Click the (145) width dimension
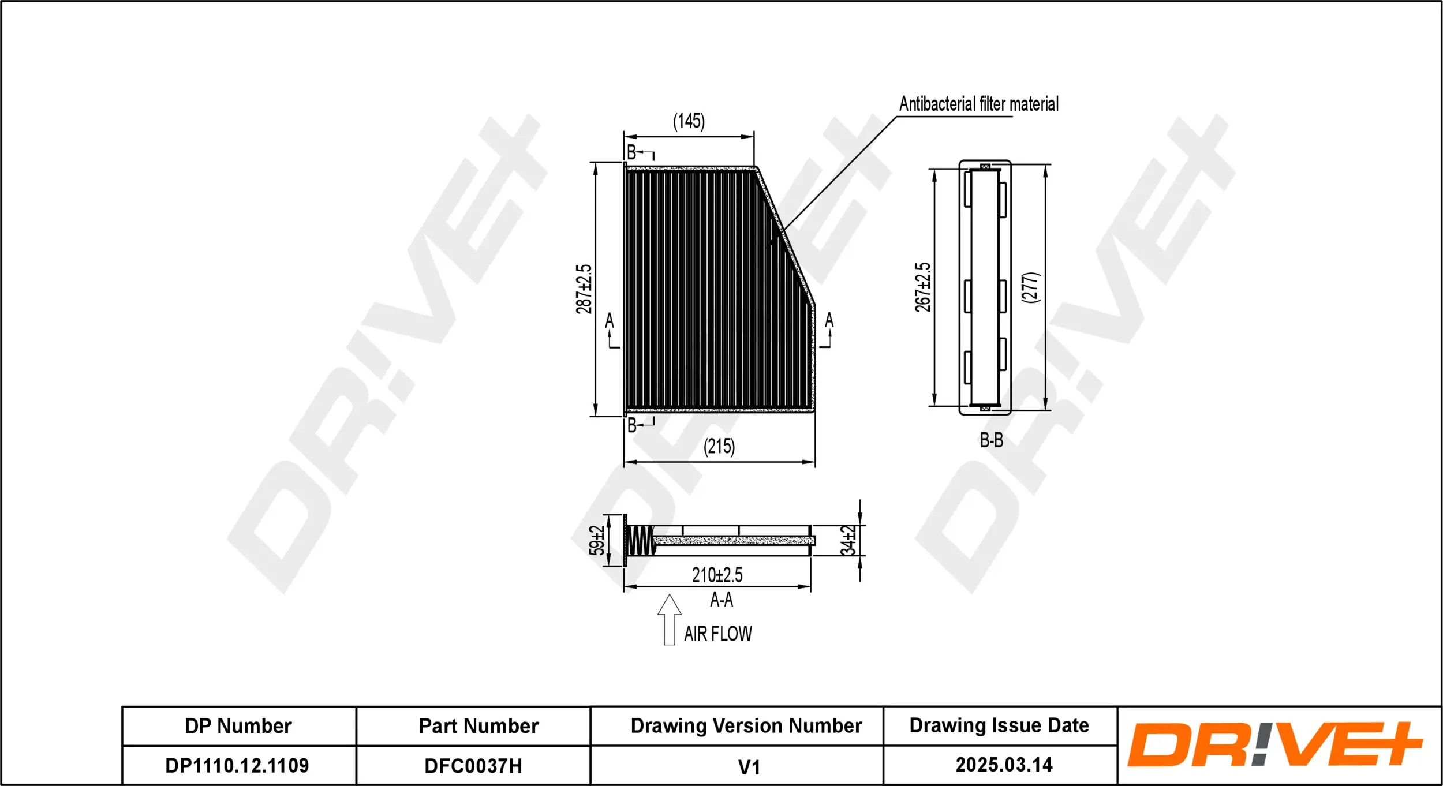pos(689,121)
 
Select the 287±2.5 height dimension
pos(584,289)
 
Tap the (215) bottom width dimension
pos(719,446)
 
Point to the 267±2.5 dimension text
pos(922,287)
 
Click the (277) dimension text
pos(1030,287)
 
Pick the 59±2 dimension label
pos(596,540)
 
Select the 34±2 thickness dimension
pos(848,540)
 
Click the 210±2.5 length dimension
pos(717,575)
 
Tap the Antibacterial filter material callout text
pos(978,104)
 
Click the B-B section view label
pos(991,440)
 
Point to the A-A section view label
pos(721,600)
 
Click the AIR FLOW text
pos(717,634)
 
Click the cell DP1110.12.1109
pos(237,765)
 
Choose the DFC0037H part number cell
pos(473,766)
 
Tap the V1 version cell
pos(749,767)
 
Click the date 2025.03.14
pos(1004,765)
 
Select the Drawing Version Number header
pos(746,725)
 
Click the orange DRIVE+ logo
pos(1274,744)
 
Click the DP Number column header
pos(238,725)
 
